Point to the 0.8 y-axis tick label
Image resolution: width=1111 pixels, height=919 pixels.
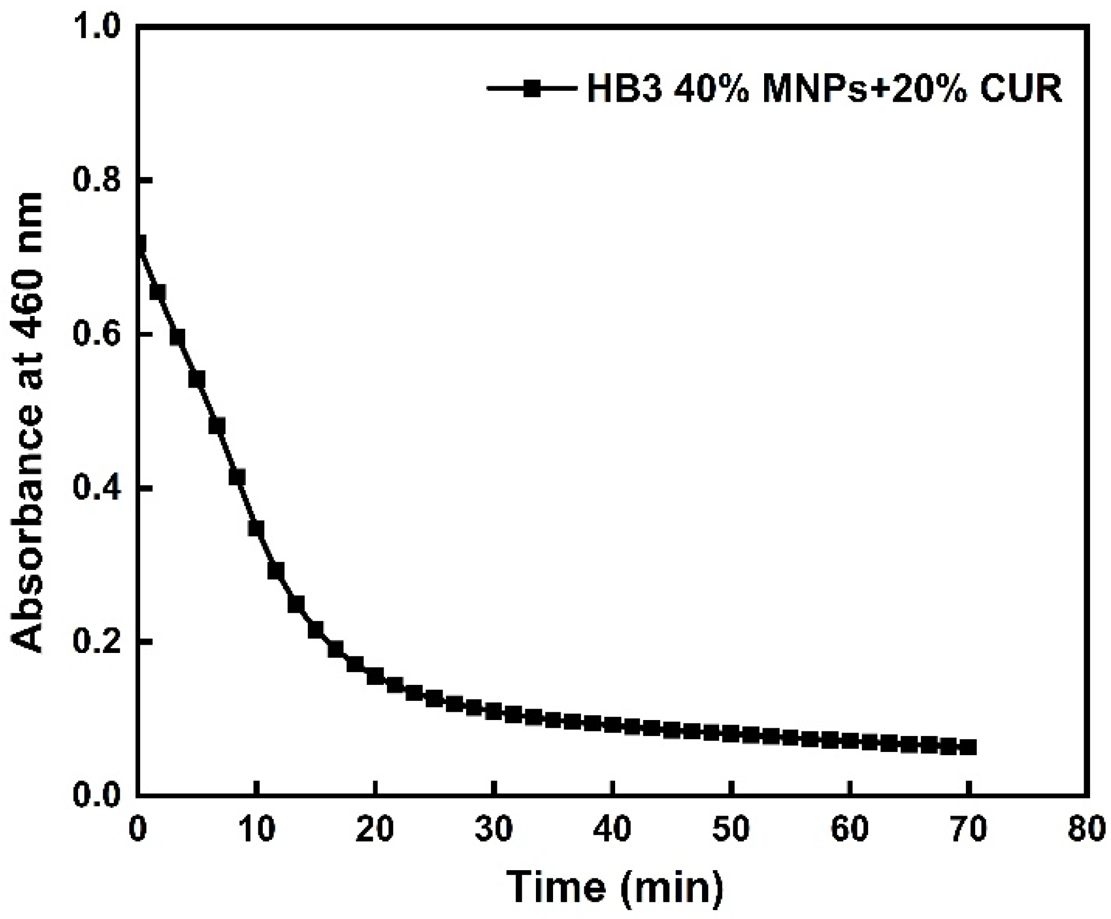[x=97, y=181]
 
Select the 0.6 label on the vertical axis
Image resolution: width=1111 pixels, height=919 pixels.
[x=97, y=335]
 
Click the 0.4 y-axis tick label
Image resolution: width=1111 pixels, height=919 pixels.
[x=97, y=489]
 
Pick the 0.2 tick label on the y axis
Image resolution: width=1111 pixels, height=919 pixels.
[x=97, y=642]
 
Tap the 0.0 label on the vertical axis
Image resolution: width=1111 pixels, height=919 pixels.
[x=97, y=795]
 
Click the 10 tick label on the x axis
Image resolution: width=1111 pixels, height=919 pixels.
[x=256, y=828]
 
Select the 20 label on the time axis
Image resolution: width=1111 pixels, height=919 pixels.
[x=375, y=828]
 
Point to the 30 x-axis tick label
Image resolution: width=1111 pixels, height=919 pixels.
[x=494, y=828]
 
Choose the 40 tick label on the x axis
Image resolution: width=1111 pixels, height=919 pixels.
[x=612, y=828]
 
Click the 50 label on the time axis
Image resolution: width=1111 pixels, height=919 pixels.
[x=731, y=828]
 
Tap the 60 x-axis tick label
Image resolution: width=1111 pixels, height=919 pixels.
[x=850, y=828]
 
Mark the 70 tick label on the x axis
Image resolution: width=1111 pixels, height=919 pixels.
[x=969, y=828]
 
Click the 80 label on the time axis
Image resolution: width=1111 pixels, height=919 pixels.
[x=1086, y=828]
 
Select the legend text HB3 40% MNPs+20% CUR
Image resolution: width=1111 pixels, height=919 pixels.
[x=825, y=88]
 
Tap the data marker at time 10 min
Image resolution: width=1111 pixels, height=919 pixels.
[x=256, y=528]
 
